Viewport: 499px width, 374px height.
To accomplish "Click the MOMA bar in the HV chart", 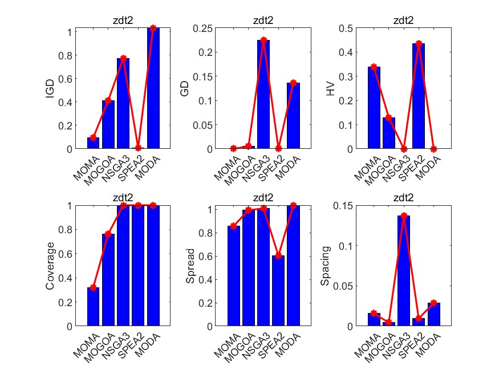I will [374, 108].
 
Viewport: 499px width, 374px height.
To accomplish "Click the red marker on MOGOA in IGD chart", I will [108, 101].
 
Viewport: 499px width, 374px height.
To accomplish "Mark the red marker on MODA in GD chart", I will [294, 83].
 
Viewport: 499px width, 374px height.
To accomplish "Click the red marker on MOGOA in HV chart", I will [389, 117].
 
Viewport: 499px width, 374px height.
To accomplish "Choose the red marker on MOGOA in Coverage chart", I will [108, 234].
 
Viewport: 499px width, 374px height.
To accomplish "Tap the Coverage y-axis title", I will [50, 266].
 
